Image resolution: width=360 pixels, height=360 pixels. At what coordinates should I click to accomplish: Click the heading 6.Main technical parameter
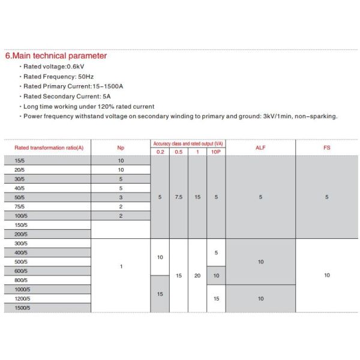(56, 56)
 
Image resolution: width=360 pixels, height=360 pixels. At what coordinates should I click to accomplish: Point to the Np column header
(121, 147)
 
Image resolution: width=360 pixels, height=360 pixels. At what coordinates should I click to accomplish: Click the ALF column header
(260, 147)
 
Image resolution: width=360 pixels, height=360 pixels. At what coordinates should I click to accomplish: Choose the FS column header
(327, 147)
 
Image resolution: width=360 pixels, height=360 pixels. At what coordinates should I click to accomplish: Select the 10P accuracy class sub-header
(216, 152)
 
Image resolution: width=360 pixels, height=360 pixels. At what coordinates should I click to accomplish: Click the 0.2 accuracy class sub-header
(160, 152)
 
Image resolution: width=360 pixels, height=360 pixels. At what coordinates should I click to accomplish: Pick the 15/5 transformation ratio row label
(20, 161)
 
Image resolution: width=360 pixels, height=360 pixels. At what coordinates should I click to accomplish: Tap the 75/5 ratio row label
(20, 206)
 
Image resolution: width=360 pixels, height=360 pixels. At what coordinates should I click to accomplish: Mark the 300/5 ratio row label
(22, 243)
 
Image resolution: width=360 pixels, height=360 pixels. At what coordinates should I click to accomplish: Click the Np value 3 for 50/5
(121, 197)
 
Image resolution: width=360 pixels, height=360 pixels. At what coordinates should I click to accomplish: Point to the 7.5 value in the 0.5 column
(179, 197)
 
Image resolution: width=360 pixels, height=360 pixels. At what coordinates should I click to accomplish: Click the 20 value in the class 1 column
(197, 275)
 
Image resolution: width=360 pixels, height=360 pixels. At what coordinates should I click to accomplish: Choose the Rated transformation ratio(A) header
(49, 147)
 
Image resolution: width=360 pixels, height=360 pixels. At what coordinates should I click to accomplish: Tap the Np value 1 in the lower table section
(121, 266)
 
